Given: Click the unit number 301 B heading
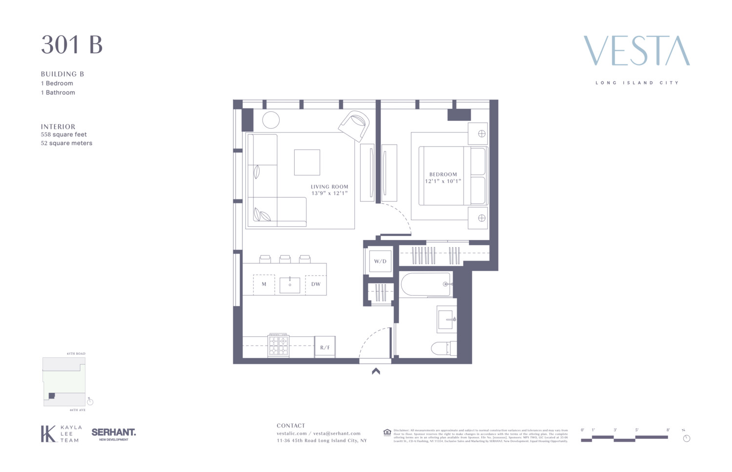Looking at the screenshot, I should pos(72,45).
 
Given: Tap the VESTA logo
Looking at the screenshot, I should pos(636,51).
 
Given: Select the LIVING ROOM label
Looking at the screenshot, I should pos(329,187).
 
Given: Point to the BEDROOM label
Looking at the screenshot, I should pos(443,174).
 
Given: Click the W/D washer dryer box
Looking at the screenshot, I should pos(380,261).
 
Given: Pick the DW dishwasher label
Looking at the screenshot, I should pos(316,284).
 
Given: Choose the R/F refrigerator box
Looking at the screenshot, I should pos(325,347).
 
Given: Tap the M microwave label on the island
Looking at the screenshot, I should pos(264,284).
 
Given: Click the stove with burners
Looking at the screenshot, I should pos(278,345).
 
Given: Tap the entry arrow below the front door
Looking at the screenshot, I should pos(376,371).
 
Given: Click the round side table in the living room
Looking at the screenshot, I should pos(271,120).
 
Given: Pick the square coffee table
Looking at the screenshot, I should pos(307,162).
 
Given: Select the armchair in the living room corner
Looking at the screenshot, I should pos(355,124).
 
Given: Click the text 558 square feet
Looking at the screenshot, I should pos(64,134).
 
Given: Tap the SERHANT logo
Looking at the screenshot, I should pos(114,432).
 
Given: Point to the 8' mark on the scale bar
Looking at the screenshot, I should pos(668,430).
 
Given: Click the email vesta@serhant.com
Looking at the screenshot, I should pos(337,433).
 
